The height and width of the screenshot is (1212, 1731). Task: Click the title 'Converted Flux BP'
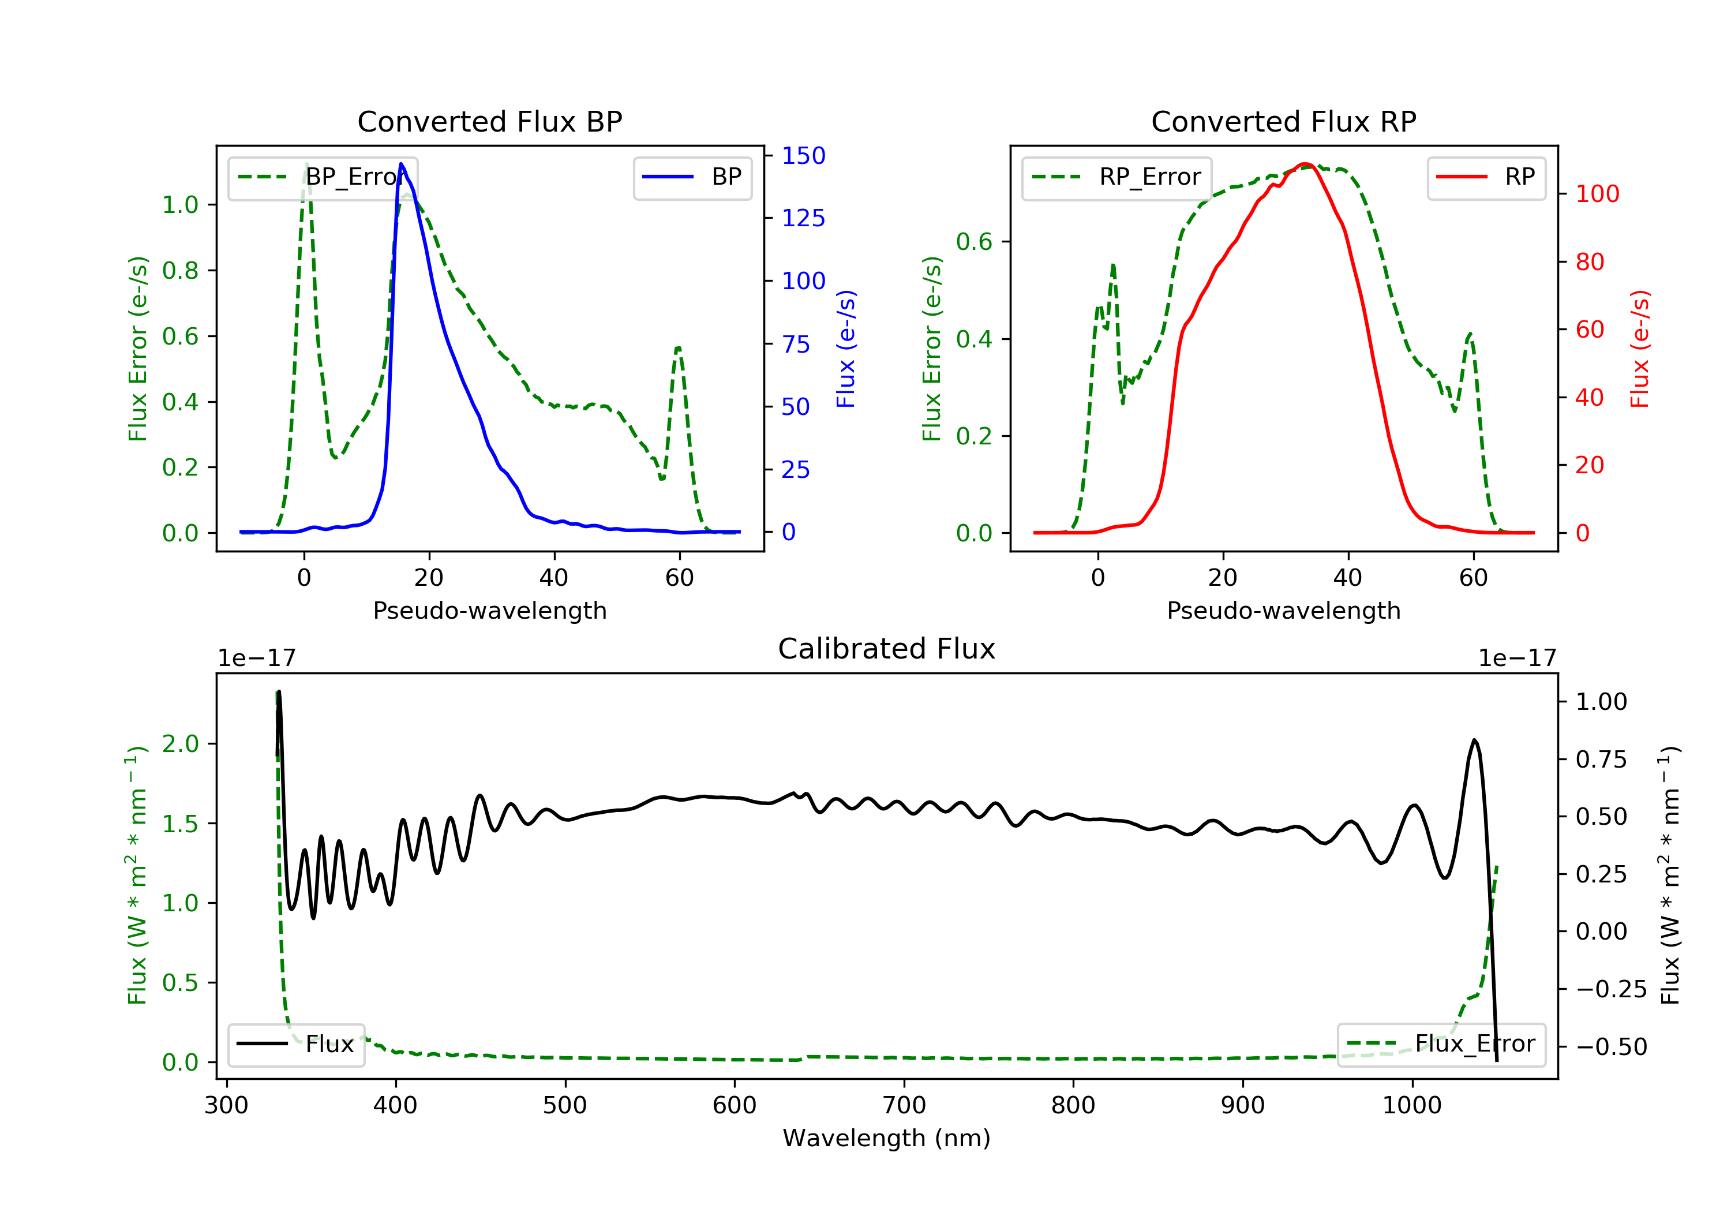pos(489,121)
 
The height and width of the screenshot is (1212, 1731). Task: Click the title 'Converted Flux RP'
pos(1283,121)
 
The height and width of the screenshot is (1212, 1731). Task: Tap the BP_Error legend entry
pos(322,177)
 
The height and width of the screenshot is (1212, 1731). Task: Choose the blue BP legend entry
pos(692,177)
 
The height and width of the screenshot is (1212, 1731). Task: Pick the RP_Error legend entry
pos(1116,177)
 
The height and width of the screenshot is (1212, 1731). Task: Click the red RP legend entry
pos(1485,177)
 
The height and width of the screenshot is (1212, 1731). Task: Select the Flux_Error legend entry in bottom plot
pos(1440,1044)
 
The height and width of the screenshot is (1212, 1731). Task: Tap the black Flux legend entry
pos(295,1044)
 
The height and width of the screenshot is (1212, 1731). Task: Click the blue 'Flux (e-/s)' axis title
pos(846,349)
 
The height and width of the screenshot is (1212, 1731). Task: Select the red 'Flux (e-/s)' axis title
pos(1639,349)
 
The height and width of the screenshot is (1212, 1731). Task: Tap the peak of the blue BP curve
pos(401,164)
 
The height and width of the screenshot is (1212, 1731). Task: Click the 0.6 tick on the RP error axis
pos(973,241)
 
